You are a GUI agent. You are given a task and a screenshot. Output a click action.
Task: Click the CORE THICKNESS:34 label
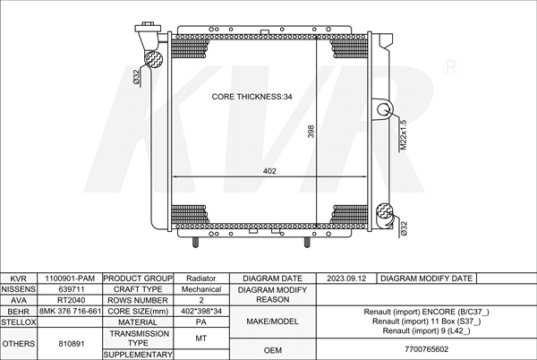251,97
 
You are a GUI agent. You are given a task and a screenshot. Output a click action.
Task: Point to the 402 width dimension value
269,171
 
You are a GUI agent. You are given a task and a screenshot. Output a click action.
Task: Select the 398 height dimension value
311,132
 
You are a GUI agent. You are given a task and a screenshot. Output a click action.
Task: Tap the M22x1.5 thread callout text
404,134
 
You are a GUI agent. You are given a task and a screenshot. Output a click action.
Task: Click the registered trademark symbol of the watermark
451,67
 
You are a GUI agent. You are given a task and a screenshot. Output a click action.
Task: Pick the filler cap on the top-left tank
148,28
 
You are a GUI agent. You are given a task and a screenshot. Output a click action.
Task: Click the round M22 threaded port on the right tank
384,109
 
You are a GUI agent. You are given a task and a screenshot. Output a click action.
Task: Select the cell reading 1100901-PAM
70,279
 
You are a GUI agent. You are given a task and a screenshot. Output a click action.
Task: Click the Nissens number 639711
72,289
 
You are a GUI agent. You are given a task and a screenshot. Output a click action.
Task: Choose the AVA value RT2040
72,300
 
